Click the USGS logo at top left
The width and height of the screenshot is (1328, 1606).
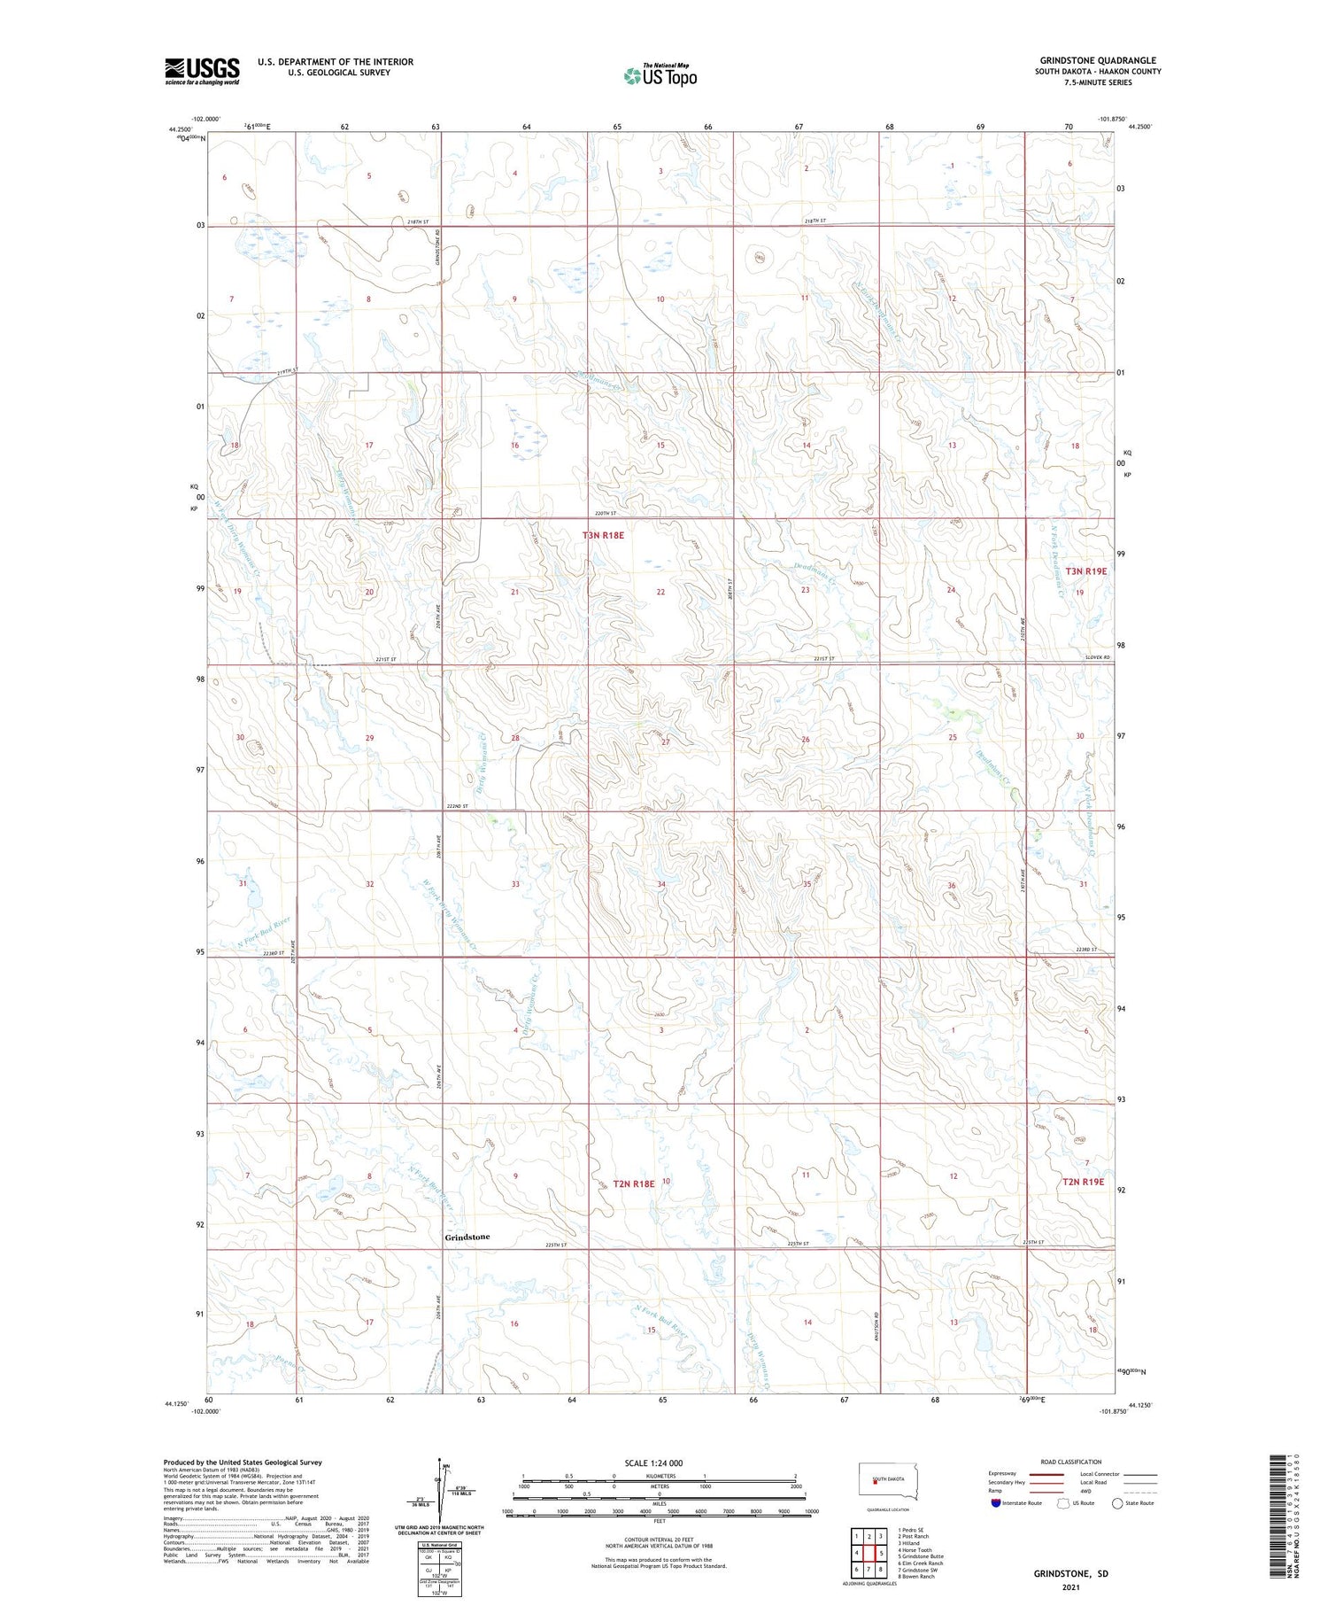202,71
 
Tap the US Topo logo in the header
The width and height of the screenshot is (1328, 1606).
660,76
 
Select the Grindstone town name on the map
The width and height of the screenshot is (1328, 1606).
467,1237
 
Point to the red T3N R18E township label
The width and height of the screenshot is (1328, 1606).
603,535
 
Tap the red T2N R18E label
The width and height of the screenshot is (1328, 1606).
633,1183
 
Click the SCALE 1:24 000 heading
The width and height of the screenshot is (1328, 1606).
653,1462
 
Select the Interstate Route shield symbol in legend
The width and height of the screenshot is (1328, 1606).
996,1503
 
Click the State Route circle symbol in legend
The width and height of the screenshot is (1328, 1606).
1117,1503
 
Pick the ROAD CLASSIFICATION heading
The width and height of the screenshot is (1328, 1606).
1070,1462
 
